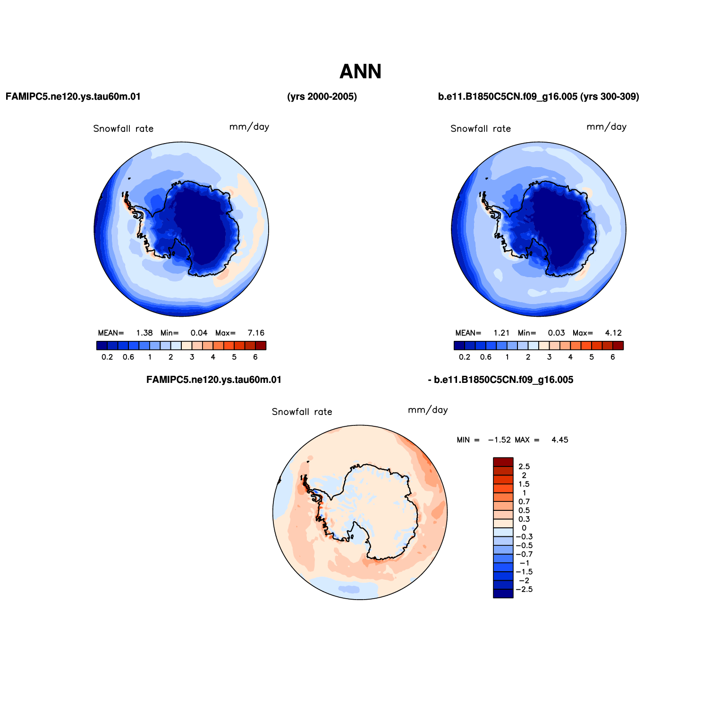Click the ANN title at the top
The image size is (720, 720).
click(360, 72)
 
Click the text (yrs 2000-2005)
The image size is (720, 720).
click(322, 97)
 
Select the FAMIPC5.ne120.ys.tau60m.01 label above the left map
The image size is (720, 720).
click(73, 97)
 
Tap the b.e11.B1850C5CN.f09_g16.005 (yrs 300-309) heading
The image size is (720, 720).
click(539, 97)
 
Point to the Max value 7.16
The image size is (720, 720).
click(256, 333)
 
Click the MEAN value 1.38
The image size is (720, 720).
click(144, 333)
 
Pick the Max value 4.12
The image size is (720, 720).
click(613, 333)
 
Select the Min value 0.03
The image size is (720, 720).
click(556, 333)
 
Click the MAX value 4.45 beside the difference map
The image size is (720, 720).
click(560, 440)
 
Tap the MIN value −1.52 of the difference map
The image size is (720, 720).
click(500, 440)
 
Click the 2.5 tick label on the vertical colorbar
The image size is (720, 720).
click(524, 466)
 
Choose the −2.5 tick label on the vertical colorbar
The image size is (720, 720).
click(524, 589)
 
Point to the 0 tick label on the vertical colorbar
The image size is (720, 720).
click(524, 528)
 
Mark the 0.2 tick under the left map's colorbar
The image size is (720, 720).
click(107, 357)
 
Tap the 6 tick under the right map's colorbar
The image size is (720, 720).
click(613, 357)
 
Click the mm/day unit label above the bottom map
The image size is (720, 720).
click(428, 410)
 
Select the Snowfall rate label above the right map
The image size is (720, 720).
click(481, 128)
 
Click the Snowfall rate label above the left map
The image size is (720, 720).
click(123, 128)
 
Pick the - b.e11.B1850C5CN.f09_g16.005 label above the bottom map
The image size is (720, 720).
click(500, 380)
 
